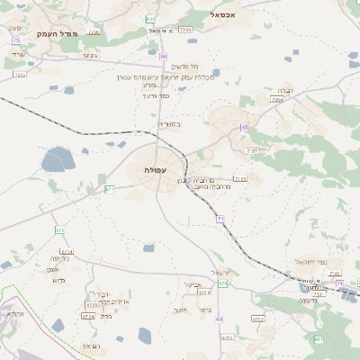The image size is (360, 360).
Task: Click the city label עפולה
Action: (154, 170)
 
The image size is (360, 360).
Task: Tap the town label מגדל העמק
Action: (58, 33)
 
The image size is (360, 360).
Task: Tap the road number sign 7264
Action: (276, 100)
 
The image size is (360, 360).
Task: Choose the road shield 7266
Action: (185, 30)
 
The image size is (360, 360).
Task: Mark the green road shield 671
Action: (110, 189)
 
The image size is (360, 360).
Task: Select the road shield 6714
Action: (66, 251)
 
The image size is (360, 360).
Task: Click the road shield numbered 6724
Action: (88, 316)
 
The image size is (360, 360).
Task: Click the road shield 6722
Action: (258, 319)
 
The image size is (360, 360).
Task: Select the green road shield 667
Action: (318, 339)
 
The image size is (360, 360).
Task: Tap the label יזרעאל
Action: (221, 272)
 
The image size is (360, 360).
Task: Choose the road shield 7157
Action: (250, 151)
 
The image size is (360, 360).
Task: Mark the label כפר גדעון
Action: (155, 95)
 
